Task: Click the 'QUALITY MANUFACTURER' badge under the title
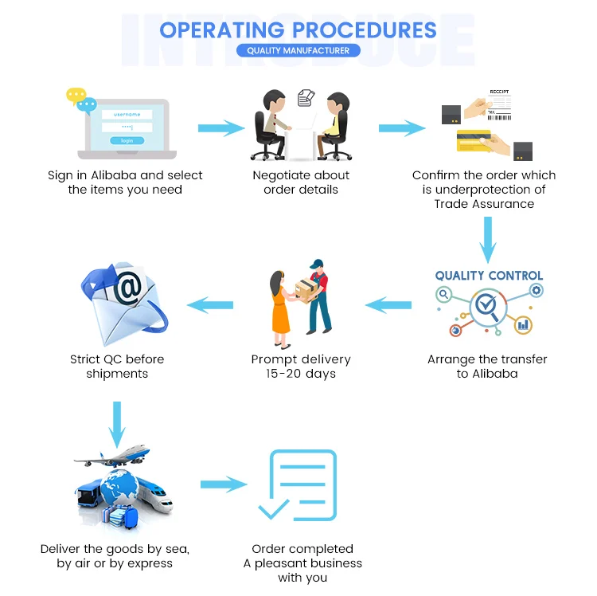[298, 50]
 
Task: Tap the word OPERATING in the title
[222, 30]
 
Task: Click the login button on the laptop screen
[127, 140]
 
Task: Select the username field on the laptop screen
[127, 114]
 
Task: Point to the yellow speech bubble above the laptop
[76, 95]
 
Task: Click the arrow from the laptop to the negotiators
[220, 127]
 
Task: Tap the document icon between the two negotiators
[305, 98]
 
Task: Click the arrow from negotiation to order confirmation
[400, 127]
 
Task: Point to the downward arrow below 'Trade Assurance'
[488, 237]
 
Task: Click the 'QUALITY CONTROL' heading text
[489, 276]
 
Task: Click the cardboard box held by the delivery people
[305, 288]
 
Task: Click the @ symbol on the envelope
[127, 288]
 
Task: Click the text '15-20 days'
[300, 373]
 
